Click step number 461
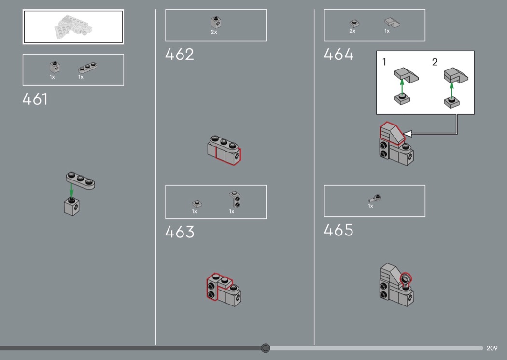point(35,99)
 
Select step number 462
point(180,55)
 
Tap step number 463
point(180,232)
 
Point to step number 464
point(338,55)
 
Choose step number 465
point(338,230)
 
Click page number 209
point(492,348)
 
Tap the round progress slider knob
point(266,348)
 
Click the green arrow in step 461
point(71,190)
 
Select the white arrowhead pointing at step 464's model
point(407,134)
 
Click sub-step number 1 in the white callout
point(384,62)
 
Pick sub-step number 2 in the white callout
point(435,62)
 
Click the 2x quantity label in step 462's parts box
point(214,32)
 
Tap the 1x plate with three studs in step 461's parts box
point(87,68)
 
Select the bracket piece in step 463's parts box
point(235,199)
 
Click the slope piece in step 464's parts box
point(392,22)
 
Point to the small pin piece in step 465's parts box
point(375,198)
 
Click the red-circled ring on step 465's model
point(406,278)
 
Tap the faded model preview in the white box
point(73,27)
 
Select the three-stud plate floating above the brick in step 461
point(80,180)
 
